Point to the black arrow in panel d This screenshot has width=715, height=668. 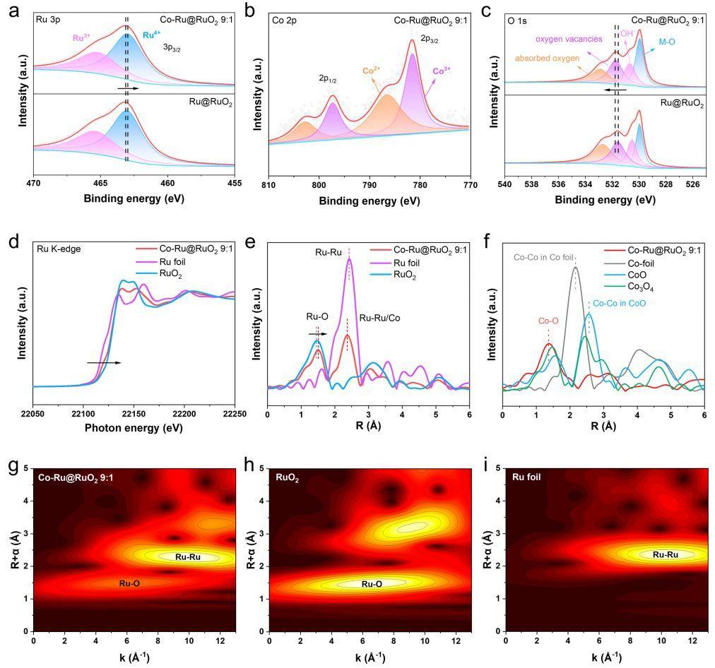click(104, 362)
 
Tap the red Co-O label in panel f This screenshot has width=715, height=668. click(549, 321)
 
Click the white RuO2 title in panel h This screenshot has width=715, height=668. click(288, 477)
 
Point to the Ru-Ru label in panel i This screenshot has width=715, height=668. click(664, 555)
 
